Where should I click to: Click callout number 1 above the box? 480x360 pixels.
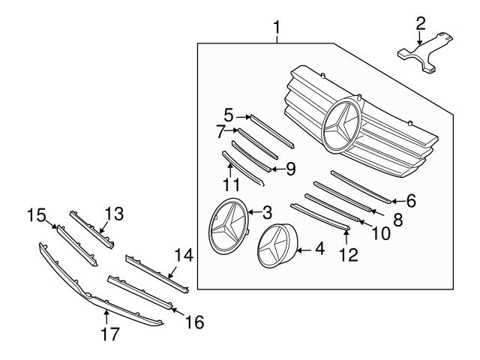coord(277,28)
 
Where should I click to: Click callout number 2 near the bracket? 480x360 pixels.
coord(421,22)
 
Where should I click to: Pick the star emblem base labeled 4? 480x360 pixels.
coord(277,247)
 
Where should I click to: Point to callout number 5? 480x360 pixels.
coord(229,117)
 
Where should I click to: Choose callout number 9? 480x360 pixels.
coord(289,168)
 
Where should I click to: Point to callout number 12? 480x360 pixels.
coord(347,255)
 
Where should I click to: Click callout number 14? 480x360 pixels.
coord(183,256)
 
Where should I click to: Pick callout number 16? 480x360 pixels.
coord(193,322)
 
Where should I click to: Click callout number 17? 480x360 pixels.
coord(109,334)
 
